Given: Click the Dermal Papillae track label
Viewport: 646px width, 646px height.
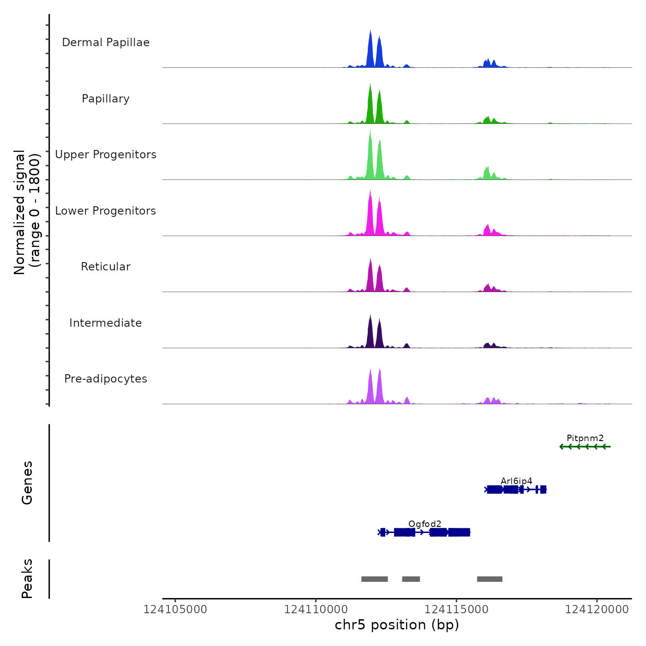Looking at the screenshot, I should coord(106,42).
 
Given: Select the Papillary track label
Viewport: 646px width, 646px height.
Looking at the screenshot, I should coord(106,99).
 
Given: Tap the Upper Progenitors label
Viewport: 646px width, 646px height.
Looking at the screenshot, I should coord(106,155).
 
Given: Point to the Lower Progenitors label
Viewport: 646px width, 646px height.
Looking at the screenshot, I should coord(106,211).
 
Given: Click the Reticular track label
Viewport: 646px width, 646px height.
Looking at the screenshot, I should coord(106,267).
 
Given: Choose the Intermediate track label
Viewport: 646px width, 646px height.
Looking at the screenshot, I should coord(106,323).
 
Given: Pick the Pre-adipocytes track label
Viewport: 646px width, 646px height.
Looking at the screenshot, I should coord(106,379).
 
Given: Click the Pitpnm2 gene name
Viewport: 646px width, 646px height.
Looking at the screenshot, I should coord(585,438).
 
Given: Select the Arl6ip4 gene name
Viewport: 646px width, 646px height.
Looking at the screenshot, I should coord(516,481).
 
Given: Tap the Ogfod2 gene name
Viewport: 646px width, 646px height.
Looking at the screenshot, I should coord(425,524).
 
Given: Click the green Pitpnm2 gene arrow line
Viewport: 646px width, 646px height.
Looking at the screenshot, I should coord(585,447).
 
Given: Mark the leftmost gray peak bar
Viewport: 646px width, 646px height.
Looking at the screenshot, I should coord(374,579).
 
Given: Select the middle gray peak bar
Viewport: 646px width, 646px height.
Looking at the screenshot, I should coord(411,579).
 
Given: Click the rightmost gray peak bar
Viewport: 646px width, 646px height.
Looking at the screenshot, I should coord(490,579).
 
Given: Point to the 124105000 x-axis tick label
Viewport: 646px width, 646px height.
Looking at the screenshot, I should coord(175,610).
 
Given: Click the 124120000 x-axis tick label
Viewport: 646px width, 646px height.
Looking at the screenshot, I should coord(597,610).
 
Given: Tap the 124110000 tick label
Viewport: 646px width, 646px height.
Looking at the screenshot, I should coord(316,610).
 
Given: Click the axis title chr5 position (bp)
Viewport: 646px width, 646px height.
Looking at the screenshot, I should coord(397,625).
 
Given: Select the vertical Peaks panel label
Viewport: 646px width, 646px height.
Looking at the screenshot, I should coord(27,579).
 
